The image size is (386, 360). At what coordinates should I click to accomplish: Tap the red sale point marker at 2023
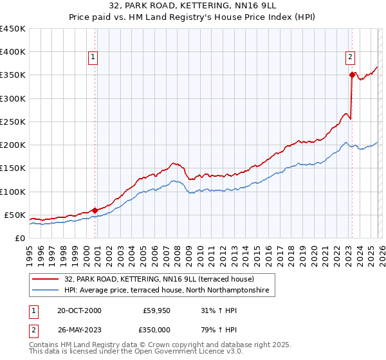[352, 75]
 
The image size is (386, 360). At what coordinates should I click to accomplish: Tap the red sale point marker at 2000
[95, 210]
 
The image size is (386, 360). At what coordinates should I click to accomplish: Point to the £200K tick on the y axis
[13, 145]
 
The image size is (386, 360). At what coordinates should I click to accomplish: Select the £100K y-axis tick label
[13, 192]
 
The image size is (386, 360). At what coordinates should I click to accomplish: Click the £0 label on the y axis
[20, 238]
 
